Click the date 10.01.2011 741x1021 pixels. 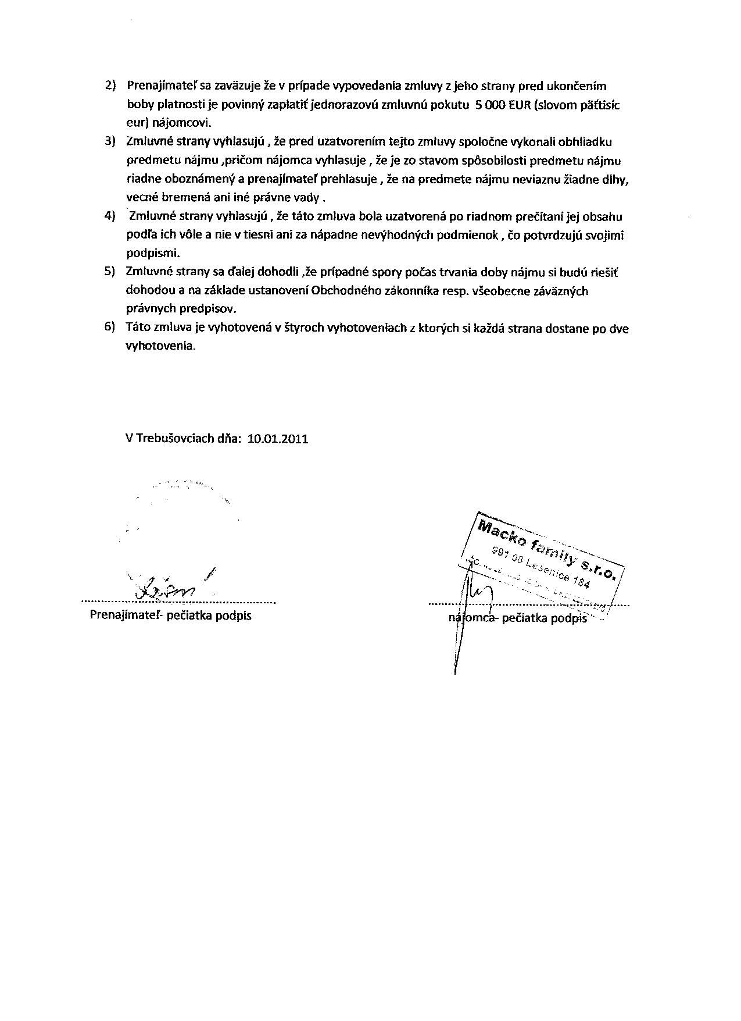click(x=278, y=439)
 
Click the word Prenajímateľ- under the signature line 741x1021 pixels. click(x=127, y=615)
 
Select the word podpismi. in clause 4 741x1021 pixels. click(x=153, y=254)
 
